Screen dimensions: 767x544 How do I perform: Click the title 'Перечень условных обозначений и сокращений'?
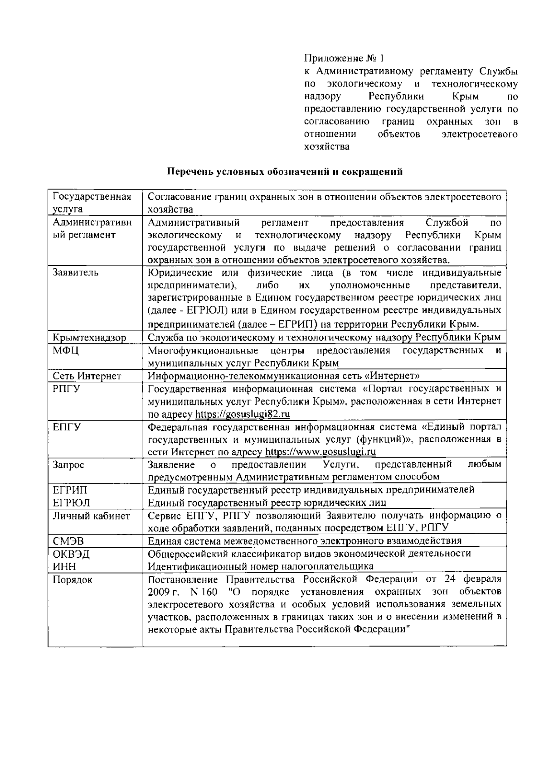click(285, 172)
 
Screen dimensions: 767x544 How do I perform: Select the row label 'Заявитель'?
click(75, 273)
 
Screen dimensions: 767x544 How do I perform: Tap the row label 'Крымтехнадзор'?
click(89, 338)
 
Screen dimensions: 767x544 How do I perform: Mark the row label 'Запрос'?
click(68, 465)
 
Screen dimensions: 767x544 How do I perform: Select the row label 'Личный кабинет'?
click(92, 516)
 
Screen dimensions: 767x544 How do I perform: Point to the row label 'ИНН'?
click(64, 566)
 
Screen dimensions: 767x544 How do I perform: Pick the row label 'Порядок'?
click(73, 580)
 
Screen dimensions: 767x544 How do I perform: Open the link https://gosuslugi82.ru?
click(243, 415)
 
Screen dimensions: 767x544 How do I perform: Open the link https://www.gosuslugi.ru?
click(321, 452)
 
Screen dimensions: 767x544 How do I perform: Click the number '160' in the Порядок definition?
click(209, 592)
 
